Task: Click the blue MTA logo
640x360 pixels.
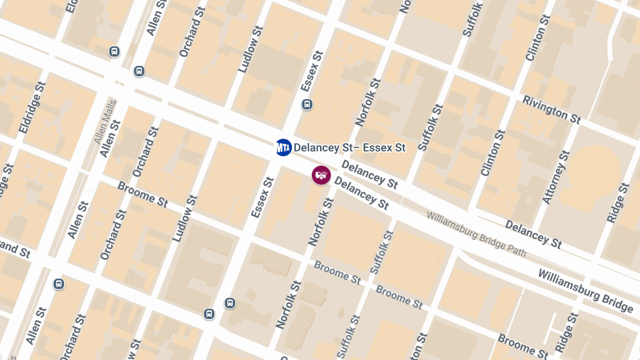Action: tap(283, 147)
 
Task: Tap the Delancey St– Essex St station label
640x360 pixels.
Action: tap(350, 147)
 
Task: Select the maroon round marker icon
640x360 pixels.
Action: tap(321, 174)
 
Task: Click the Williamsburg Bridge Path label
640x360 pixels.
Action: tap(476, 234)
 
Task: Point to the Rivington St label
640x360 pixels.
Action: tap(551, 110)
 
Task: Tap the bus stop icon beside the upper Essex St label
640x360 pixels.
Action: tap(307, 104)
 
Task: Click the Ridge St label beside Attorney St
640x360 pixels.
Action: tap(619, 202)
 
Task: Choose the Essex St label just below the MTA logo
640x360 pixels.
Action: tap(262, 198)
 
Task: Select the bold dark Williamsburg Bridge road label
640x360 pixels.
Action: tap(585, 291)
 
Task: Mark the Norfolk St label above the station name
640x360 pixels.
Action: tap(368, 102)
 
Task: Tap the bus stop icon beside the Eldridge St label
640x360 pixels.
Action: tap(114, 52)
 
